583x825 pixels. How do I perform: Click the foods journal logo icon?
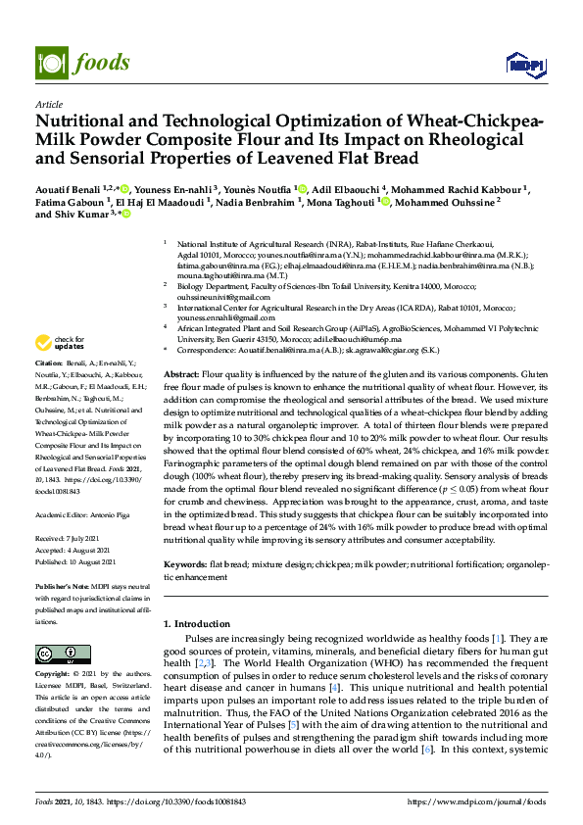click(x=48, y=63)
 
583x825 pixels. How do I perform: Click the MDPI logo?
click(x=521, y=64)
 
